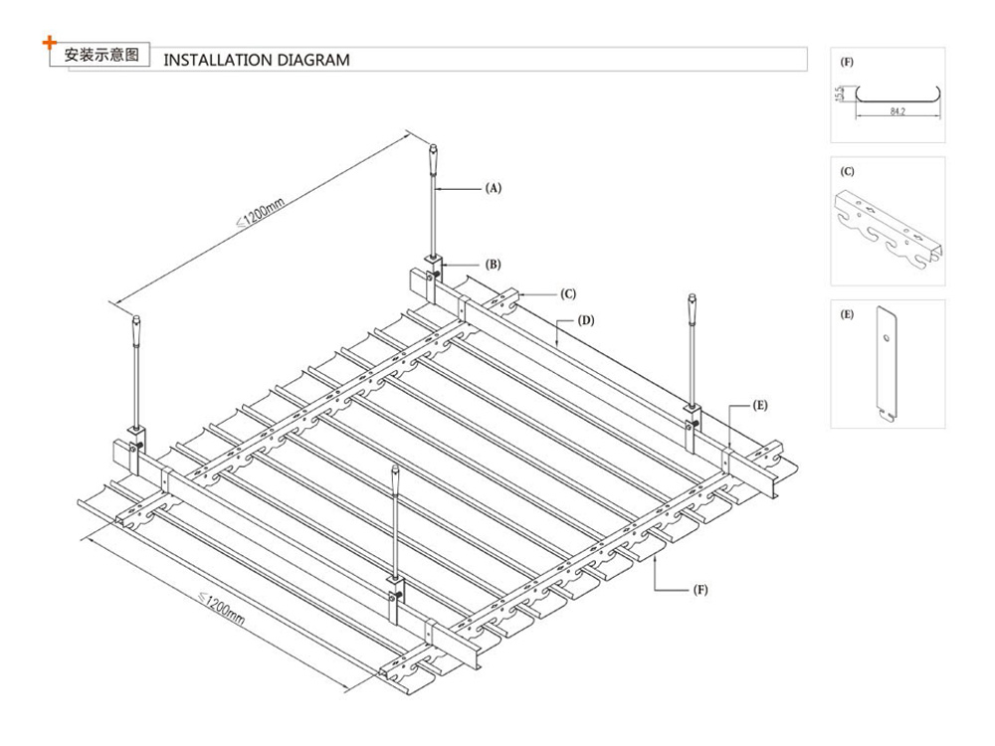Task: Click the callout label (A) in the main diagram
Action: (x=493, y=187)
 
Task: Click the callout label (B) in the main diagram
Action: (x=493, y=265)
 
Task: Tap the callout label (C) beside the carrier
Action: (x=568, y=293)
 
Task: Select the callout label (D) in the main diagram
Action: (x=586, y=321)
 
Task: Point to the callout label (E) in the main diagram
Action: (x=760, y=406)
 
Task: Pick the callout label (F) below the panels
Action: (x=700, y=590)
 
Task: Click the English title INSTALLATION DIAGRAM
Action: (x=256, y=60)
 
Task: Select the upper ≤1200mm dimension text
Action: (x=262, y=211)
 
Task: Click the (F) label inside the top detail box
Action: (x=847, y=62)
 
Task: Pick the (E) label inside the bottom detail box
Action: (x=847, y=314)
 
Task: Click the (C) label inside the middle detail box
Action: (x=847, y=171)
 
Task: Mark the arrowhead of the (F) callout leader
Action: (x=658, y=560)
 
